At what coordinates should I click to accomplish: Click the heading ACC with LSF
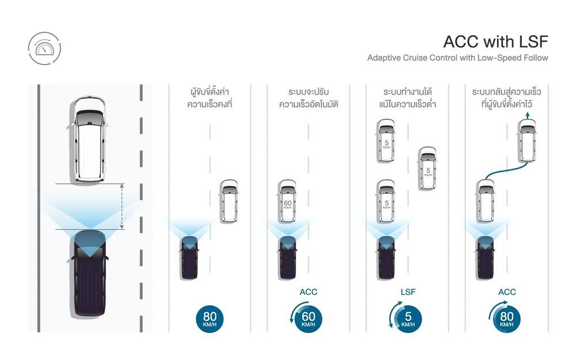[495, 41]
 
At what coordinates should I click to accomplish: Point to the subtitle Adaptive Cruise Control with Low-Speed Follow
[457, 58]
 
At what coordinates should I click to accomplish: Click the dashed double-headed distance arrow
[122, 206]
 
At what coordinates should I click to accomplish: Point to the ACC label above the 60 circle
[309, 292]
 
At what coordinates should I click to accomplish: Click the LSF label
[408, 292]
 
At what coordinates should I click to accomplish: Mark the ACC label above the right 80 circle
[507, 292]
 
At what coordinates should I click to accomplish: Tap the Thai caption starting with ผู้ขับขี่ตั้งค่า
[210, 98]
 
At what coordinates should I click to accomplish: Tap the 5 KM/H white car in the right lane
[428, 168]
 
